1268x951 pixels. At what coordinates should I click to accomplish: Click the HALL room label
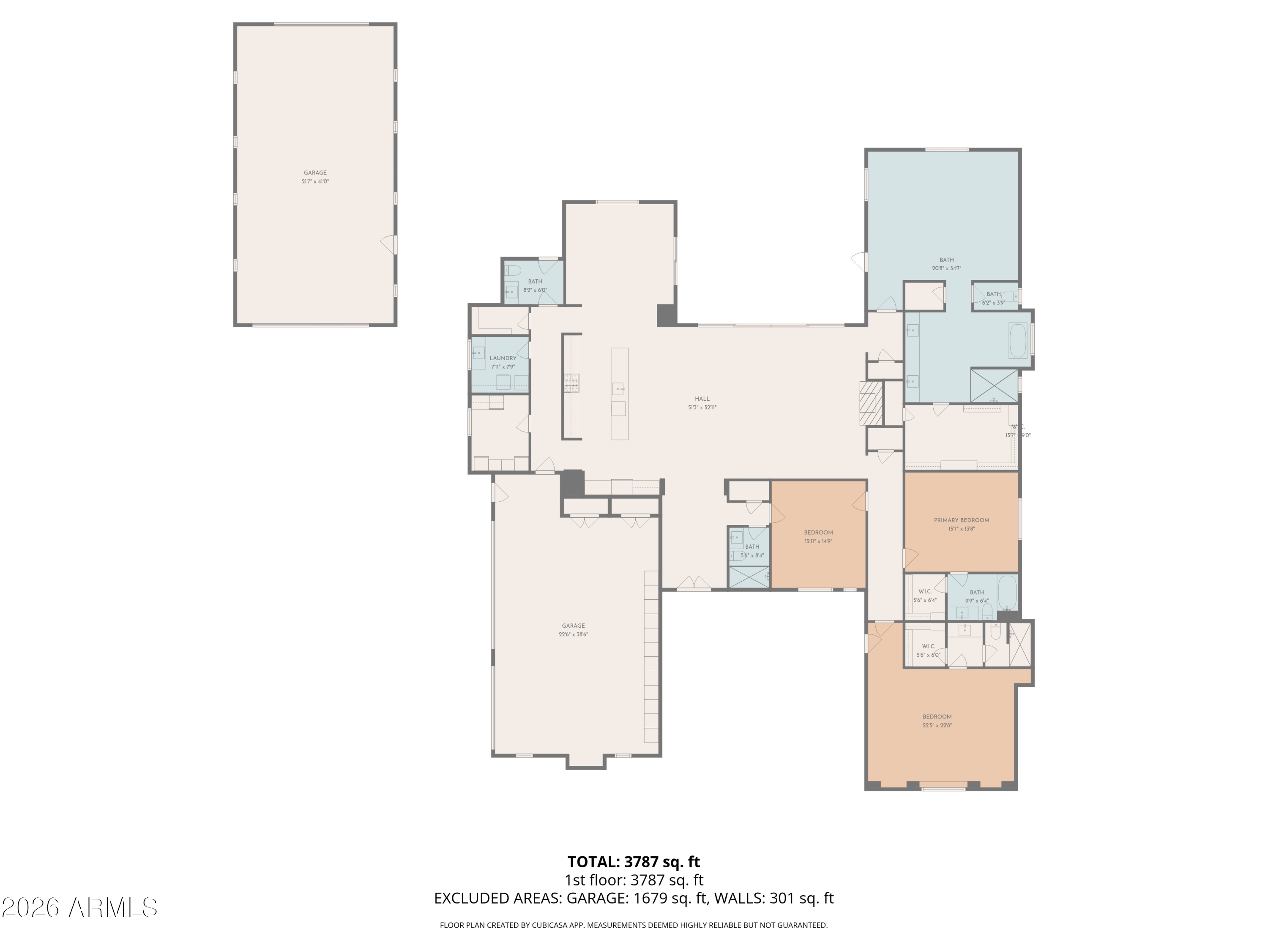(702, 399)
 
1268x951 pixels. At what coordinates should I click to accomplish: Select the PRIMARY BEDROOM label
(961, 520)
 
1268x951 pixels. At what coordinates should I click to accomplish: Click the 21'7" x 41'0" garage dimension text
(315, 182)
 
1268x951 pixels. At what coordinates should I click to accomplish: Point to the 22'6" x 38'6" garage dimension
(573, 634)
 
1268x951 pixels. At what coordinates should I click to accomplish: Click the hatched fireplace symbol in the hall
(870, 403)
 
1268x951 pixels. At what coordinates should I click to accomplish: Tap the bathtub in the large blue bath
(1017, 341)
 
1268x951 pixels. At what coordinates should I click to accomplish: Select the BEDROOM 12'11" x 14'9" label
(818, 533)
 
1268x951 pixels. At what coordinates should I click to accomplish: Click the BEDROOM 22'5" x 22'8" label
(937, 716)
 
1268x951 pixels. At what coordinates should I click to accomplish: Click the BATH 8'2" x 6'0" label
(534, 281)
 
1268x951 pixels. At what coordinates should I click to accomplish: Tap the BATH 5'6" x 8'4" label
(752, 547)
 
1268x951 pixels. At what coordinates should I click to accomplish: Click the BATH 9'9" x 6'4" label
(976, 593)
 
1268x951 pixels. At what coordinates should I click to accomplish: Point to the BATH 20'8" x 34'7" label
(946, 260)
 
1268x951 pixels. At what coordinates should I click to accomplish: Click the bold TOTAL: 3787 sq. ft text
(634, 861)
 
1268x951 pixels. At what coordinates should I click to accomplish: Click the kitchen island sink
(618, 389)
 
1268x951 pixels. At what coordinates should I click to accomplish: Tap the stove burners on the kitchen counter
(571, 383)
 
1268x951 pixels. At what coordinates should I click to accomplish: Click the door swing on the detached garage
(389, 245)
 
